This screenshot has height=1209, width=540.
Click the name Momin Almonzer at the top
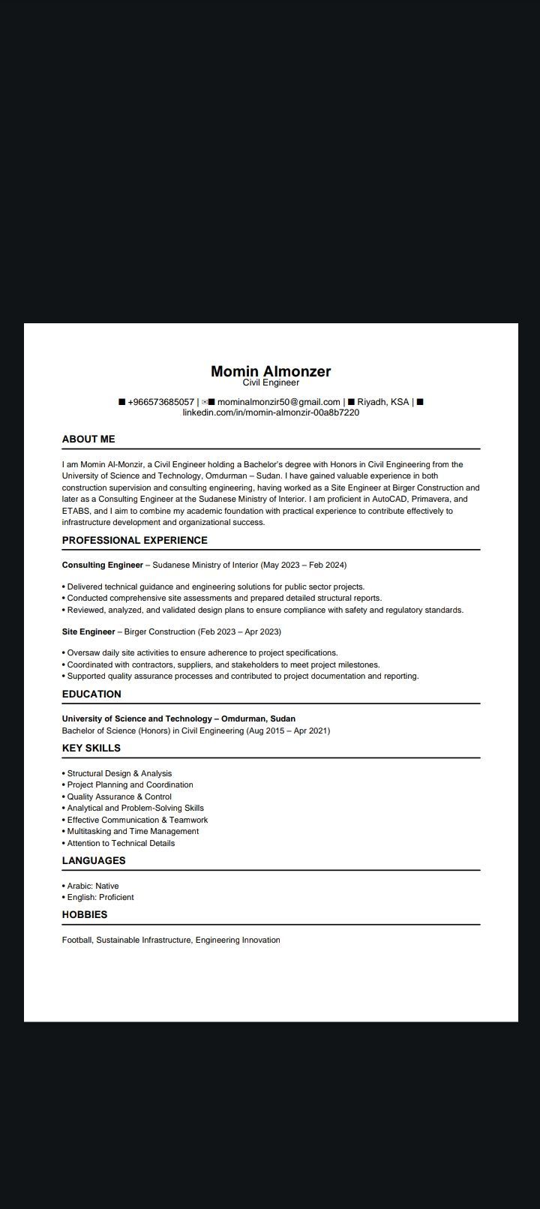pyautogui.click(x=270, y=370)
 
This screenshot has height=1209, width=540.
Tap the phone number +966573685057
pyautogui.click(x=160, y=402)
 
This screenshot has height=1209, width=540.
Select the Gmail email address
pyautogui.click(x=278, y=402)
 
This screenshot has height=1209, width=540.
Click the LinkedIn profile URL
pyautogui.click(x=271, y=412)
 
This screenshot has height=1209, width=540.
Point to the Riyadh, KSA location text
pyautogui.click(x=382, y=402)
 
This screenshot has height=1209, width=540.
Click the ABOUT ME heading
pyautogui.click(x=88, y=439)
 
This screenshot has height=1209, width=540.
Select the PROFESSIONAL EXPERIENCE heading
pyautogui.click(x=134, y=540)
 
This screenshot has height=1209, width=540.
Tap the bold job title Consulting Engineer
pyautogui.click(x=102, y=565)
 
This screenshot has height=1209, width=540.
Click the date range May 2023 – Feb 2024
pyautogui.click(x=303, y=565)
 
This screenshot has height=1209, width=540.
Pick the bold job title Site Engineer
pyautogui.click(x=88, y=631)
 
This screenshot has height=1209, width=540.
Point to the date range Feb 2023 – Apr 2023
pyautogui.click(x=239, y=631)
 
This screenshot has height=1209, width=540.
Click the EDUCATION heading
pyautogui.click(x=91, y=694)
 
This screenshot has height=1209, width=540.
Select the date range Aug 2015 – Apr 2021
pyautogui.click(x=288, y=730)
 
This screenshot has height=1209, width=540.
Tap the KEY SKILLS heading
pyautogui.click(x=91, y=748)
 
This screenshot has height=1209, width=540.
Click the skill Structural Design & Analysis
pyautogui.click(x=119, y=773)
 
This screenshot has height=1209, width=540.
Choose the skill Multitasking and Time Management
pyautogui.click(x=133, y=831)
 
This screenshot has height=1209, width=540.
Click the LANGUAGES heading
pyautogui.click(x=94, y=860)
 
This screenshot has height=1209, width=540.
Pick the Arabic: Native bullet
pyautogui.click(x=93, y=886)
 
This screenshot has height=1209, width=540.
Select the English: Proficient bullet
pyautogui.click(x=100, y=897)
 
